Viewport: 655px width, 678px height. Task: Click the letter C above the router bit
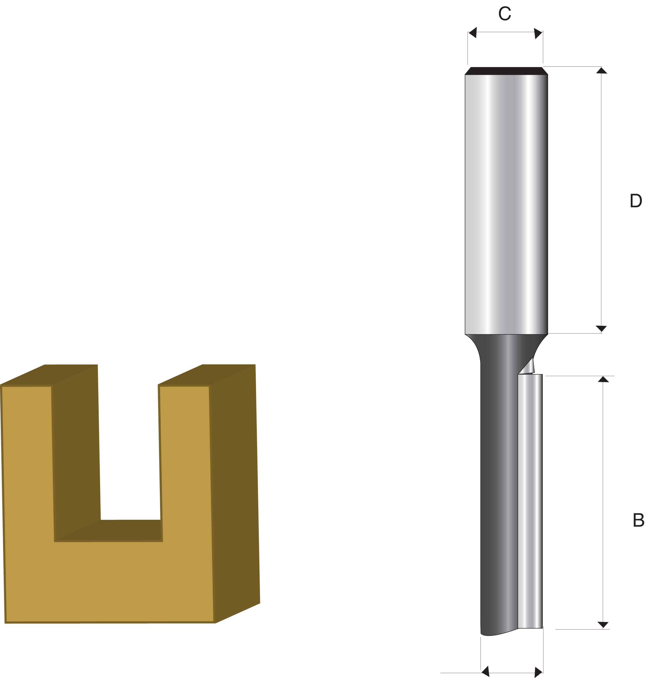pyautogui.click(x=505, y=14)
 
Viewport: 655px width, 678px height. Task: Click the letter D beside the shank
pyautogui.click(x=636, y=200)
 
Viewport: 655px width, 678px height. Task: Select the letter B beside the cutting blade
pyautogui.click(x=638, y=520)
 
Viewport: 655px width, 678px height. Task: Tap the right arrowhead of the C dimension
pyautogui.click(x=538, y=33)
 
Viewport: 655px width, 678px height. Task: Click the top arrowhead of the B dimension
pyautogui.click(x=603, y=379)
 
